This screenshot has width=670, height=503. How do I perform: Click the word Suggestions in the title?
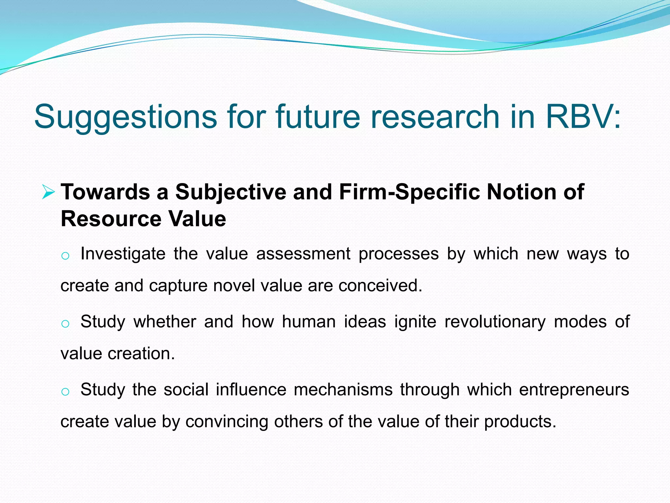click(125, 117)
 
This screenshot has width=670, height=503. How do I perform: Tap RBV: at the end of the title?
click(583, 117)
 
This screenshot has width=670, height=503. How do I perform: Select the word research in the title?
click(435, 117)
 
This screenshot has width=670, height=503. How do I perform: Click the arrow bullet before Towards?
click(48, 192)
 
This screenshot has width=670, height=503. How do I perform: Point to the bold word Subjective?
click(231, 192)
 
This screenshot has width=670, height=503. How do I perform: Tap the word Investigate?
click(123, 254)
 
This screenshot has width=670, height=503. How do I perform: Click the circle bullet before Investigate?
click(65, 256)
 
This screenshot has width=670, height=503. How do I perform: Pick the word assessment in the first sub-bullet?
click(303, 254)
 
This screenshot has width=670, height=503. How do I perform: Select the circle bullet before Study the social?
click(65, 392)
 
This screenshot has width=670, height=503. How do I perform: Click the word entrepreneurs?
click(574, 390)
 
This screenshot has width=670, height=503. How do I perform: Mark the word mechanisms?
click(343, 390)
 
